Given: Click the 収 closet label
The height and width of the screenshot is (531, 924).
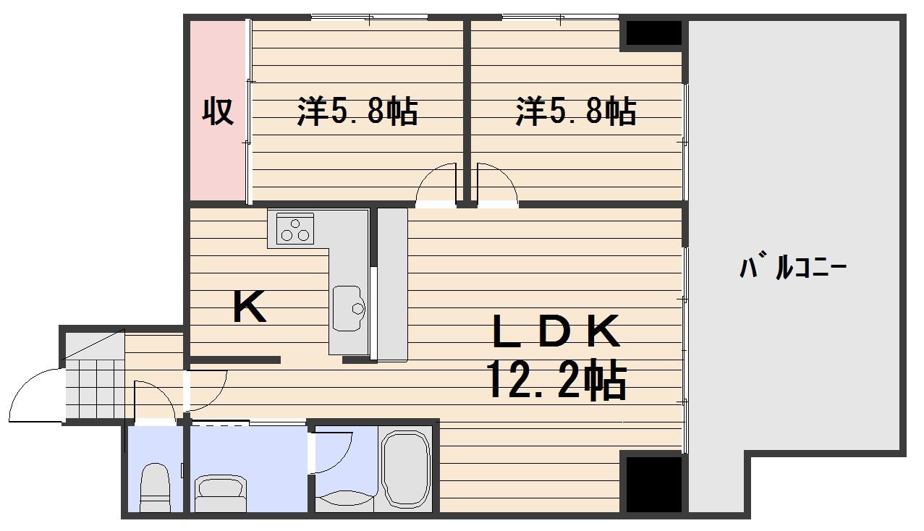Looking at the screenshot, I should click(x=217, y=111).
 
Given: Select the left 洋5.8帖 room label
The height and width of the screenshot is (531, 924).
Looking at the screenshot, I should click(x=357, y=112).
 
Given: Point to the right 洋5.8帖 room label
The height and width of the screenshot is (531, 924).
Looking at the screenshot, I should click(x=576, y=112).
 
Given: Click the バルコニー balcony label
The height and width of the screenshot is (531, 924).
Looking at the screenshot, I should click(x=793, y=268).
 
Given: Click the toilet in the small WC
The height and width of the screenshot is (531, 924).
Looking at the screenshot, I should click(x=154, y=488).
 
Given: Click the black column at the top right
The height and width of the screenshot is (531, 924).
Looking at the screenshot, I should click(x=653, y=33).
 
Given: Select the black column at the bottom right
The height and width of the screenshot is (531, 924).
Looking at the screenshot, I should click(x=653, y=483).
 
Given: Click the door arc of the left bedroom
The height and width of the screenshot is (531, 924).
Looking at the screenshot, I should click(x=437, y=184).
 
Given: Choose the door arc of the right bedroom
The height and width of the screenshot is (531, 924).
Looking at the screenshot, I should click(x=497, y=184).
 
